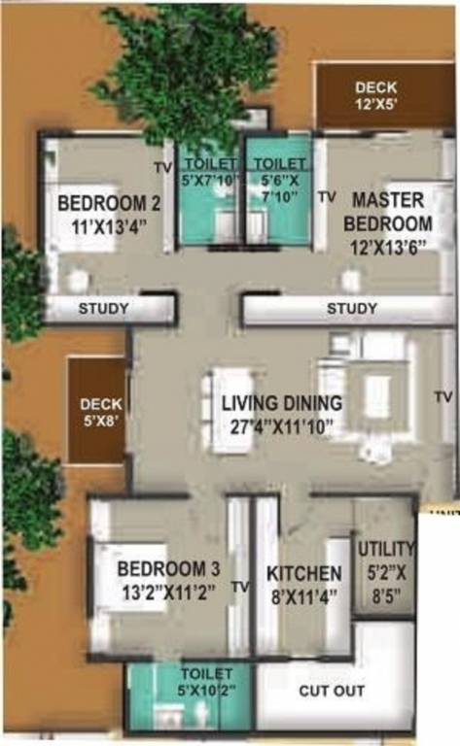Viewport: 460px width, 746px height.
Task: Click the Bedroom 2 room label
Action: pyautogui.click(x=108, y=204)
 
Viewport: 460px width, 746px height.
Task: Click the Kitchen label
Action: pyautogui.click(x=304, y=573)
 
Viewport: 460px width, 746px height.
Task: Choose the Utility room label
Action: pyautogui.click(x=386, y=549)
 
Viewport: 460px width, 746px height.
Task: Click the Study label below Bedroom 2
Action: pyautogui.click(x=104, y=309)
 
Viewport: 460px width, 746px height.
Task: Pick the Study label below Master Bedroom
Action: pyautogui.click(x=351, y=309)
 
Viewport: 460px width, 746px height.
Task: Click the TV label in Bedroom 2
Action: pyautogui.click(x=162, y=168)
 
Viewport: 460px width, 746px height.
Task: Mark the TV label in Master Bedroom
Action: pyautogui.click(x=327, y=197)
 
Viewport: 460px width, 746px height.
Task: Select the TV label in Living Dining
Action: pyautogui.click(x=443, y=397)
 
